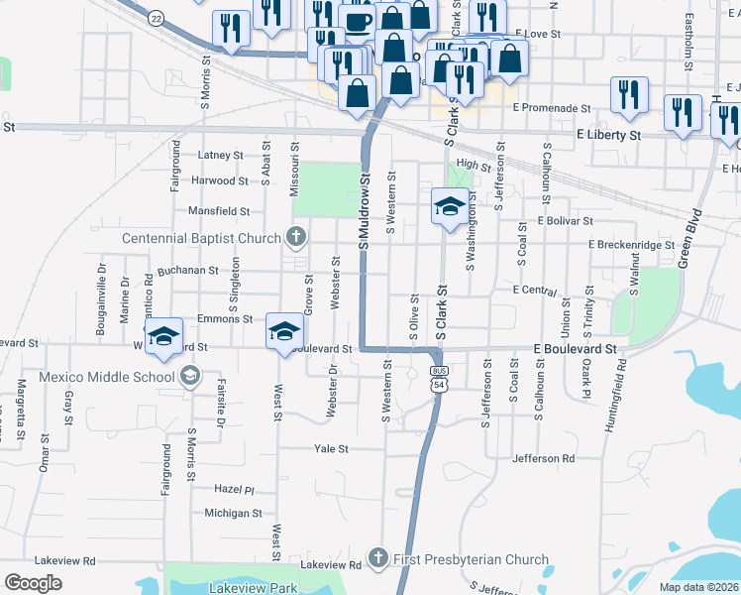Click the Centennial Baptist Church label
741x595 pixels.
click(x=201, y=238)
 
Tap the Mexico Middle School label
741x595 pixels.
click(x=107, y=377)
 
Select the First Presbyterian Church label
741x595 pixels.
click(x=470, y=559)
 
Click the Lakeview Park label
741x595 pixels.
click(x=254, y=587)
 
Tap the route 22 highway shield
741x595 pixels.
click(x=156, y=18)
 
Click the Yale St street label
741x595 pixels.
click(x=331, y=448)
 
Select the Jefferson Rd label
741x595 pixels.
click(x=544, y=458)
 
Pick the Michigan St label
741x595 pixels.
click(x=233, y=513)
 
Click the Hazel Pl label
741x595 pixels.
click(x=235, y=489)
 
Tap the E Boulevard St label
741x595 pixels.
click(x=575, y=349)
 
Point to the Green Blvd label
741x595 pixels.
click(x=689, y=238)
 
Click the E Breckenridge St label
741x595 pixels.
click(x=630, y=244)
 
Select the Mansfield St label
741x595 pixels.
click(x=219, y=210)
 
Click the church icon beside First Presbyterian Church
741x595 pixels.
click(x=376, y=559)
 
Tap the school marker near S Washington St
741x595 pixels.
click(x=450, y=207)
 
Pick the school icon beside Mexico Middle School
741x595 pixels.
click(x=189, y=377)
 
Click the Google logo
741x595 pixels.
click(x=34, y=583)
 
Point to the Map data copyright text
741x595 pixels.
click(x=698, y=587)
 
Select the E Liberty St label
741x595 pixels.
click(x=608, y=134)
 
